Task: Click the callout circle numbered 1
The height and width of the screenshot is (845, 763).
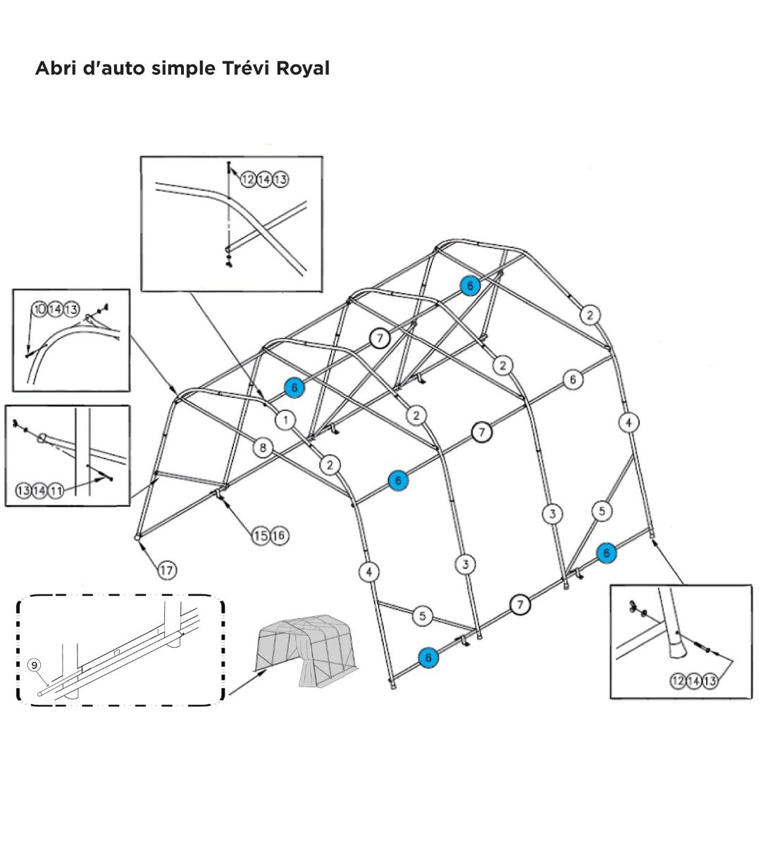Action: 285,420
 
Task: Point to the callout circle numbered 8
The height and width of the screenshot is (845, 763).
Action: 263,447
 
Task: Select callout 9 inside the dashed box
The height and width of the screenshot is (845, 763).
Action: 34,665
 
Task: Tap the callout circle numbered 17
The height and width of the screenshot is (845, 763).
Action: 166,570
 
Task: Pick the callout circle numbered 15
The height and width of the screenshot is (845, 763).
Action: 261,536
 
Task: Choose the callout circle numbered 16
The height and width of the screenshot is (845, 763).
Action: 278,536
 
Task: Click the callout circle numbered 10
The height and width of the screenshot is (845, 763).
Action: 40,310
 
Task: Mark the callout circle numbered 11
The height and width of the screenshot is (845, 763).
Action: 56,491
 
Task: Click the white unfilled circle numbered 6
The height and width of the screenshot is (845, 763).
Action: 573,380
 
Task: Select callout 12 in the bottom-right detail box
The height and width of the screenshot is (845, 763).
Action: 678,681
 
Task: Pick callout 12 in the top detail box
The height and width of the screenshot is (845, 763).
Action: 248,180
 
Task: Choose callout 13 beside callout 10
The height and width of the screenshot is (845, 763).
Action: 71,310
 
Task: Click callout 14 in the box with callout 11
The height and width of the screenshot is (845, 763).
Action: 39,491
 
